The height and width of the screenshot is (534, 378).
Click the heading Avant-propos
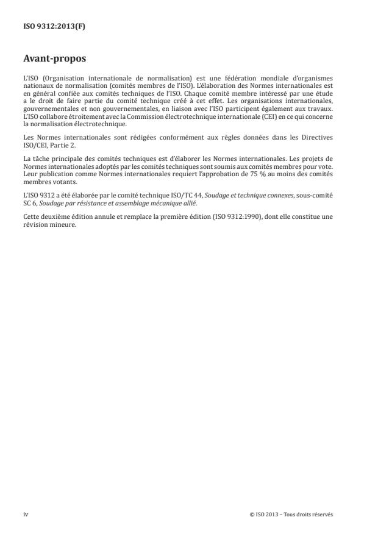coord(55,60)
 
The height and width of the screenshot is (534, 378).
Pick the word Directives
coord(317,137)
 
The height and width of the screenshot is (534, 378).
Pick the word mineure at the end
coord(65,225)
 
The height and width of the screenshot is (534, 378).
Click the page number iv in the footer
coord(26,514)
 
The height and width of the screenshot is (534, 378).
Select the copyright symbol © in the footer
coord(252,514)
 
